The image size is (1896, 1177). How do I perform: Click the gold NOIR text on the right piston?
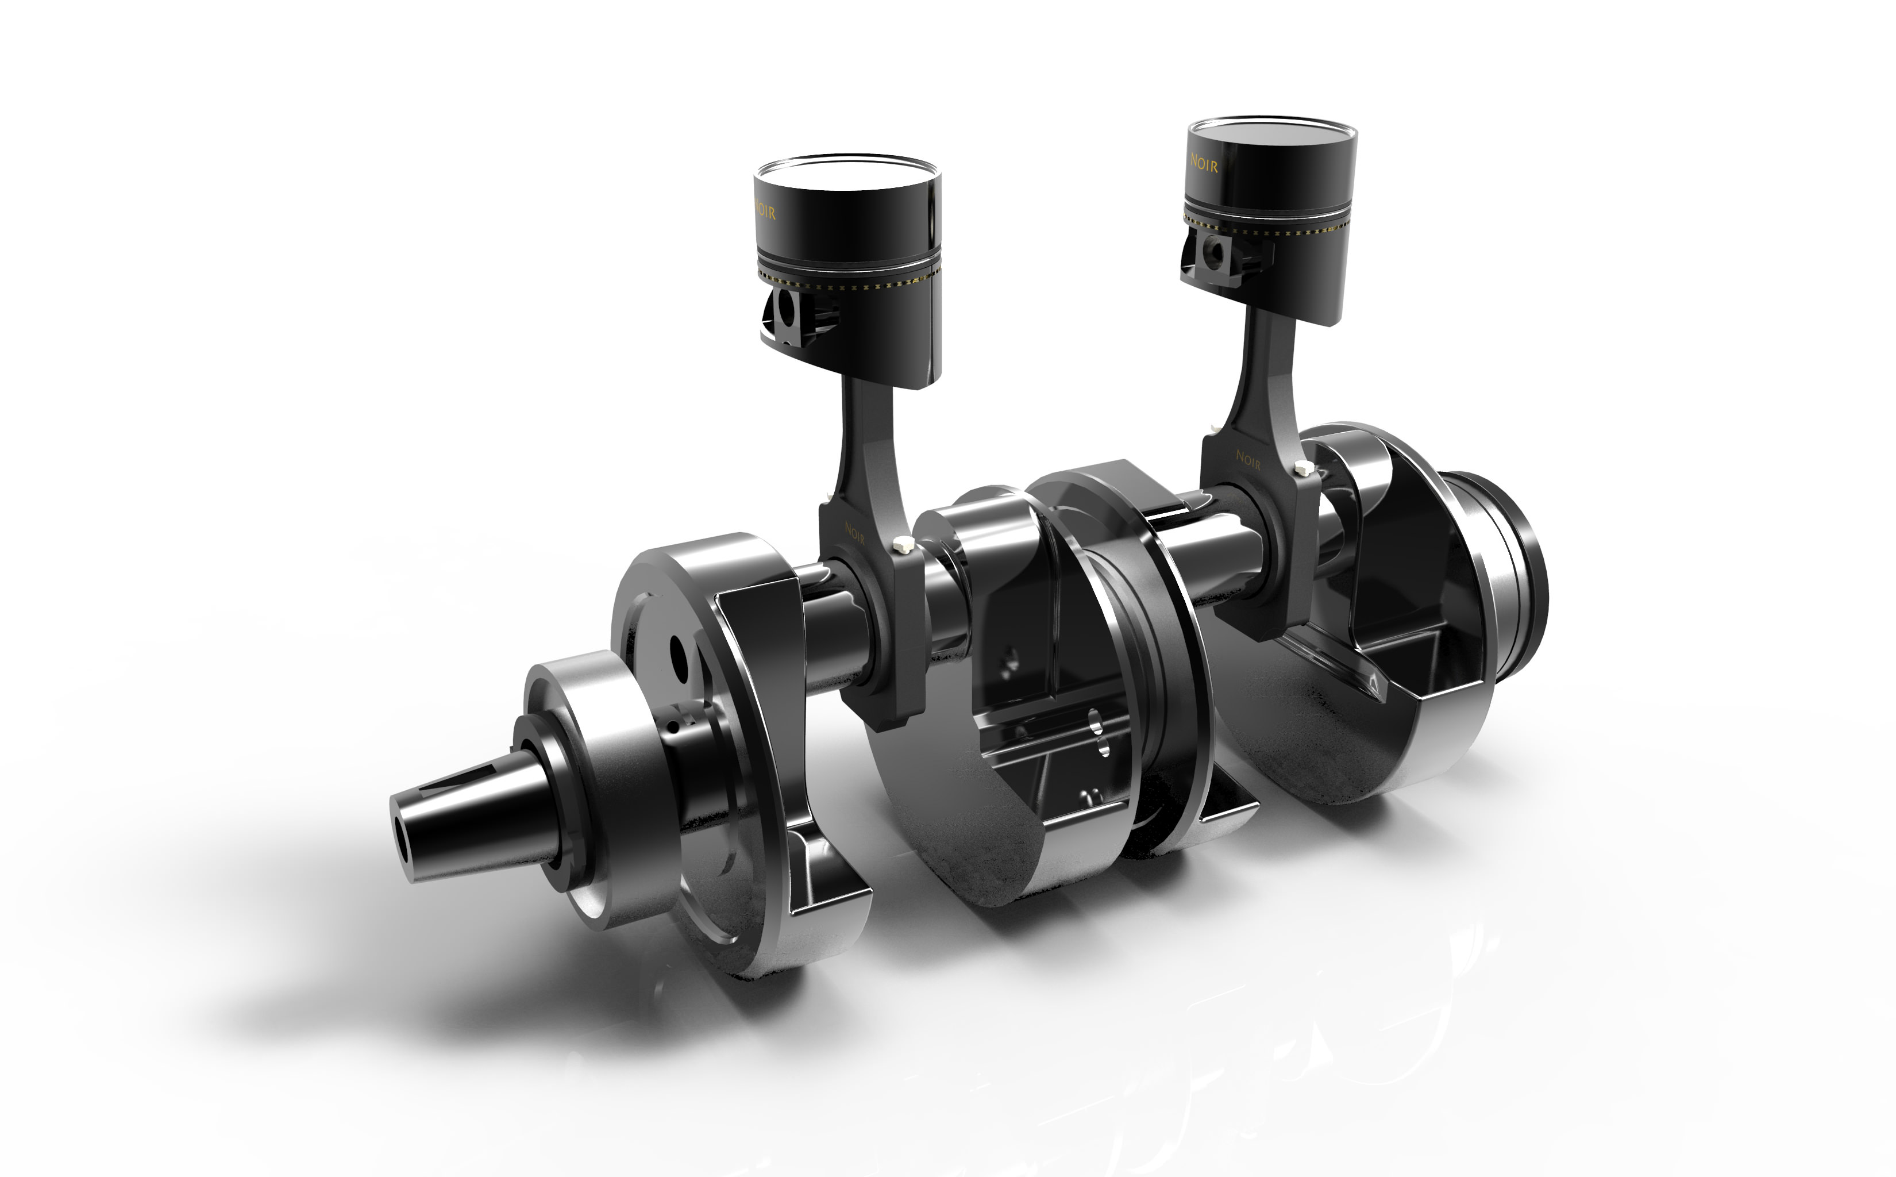(1204, 163)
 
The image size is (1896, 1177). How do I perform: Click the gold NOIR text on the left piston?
(765, 211)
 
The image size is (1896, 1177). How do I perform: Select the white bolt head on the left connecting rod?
(903, 544)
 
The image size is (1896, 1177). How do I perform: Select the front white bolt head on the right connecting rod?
(1301, 468)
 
